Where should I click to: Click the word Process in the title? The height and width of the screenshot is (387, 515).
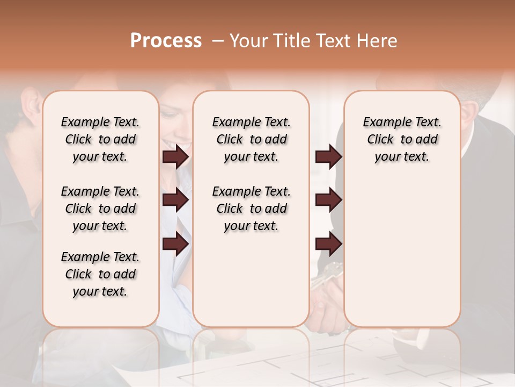point(166,41)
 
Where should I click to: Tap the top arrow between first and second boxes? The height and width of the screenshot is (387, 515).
point(175,157)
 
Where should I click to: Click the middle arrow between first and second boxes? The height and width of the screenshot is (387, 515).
point(175,200)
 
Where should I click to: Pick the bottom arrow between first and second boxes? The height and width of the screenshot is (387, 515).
point(175,243)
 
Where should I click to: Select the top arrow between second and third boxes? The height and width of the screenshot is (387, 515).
point(328,157)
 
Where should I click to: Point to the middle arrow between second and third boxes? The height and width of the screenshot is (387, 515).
point(328,200)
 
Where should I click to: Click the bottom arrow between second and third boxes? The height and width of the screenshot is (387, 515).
point(328,243)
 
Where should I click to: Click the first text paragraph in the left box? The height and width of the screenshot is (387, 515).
point(100,139)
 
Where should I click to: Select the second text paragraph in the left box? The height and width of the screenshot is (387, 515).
point(100,209)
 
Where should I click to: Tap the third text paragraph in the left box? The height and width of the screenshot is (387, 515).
point(100,274)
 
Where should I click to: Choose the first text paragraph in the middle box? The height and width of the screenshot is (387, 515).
point(251,139)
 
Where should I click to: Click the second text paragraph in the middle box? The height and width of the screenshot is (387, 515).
point(251,209)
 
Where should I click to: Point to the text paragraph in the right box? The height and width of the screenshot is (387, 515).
point(402,139)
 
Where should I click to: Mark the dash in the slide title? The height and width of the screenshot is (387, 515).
point(218,41)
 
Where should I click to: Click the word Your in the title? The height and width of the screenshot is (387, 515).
point(249,41)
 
